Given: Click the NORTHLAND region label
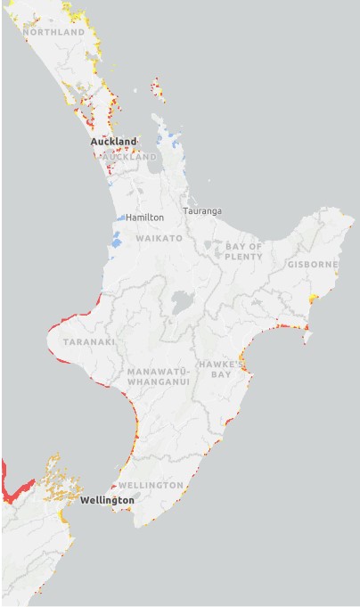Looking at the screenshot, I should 53,32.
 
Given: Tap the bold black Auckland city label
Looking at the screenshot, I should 113,142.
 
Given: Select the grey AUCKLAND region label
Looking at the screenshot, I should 131,157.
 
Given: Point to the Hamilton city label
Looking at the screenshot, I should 144,217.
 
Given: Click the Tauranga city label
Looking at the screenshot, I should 202,211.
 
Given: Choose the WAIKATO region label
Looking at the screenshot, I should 159,239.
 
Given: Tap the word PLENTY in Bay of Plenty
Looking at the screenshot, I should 243,257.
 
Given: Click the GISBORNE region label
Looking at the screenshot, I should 312,265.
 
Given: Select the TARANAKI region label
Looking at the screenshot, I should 88,341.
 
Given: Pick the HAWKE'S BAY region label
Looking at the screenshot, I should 215,369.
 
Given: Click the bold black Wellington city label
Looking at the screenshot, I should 107,501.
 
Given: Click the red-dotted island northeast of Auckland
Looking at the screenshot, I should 158,88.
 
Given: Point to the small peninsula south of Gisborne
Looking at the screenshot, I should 307,335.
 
